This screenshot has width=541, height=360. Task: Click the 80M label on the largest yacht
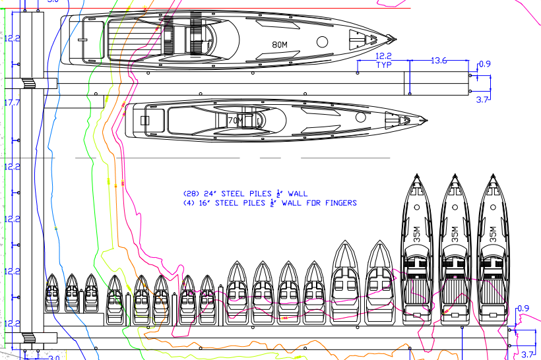280,45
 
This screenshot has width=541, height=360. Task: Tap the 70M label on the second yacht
236,121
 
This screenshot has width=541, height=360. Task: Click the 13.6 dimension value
439,61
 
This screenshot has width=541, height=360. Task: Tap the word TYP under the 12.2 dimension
384,65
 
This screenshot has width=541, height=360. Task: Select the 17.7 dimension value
12,103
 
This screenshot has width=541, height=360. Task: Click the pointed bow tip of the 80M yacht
395,38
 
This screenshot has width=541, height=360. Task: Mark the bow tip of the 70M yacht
427,121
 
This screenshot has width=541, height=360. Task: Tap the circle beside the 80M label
323,42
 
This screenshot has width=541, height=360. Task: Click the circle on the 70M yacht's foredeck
360,118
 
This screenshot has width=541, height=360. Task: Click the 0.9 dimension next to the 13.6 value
484,64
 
